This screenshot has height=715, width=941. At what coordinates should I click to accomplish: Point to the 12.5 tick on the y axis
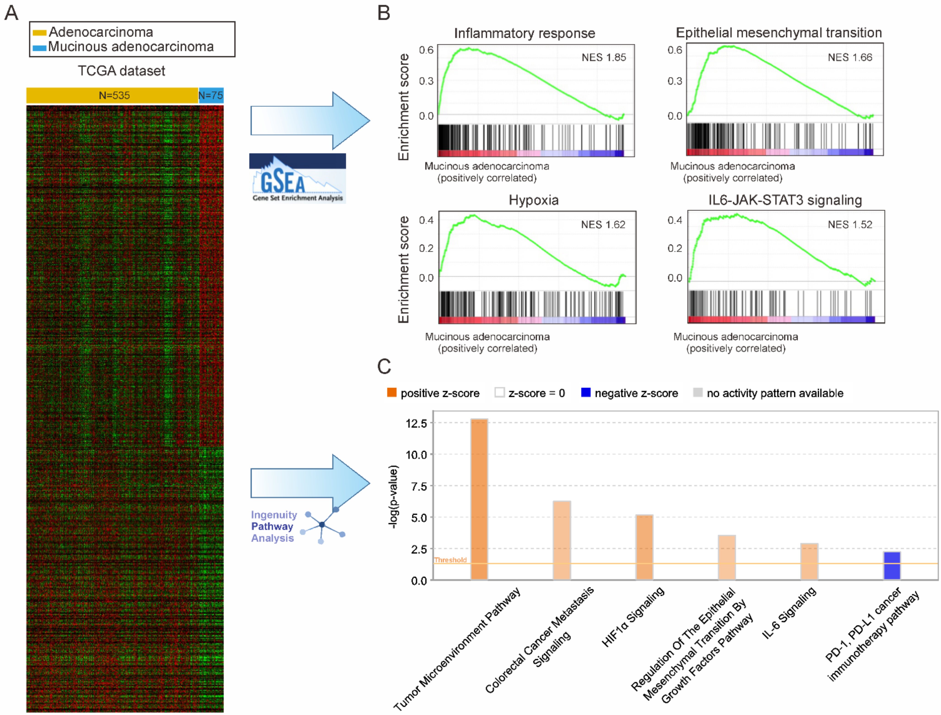pos(416,423)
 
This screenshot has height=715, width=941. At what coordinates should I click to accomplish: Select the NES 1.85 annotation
pos(603,57)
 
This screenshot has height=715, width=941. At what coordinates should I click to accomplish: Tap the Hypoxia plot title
pos(533,200)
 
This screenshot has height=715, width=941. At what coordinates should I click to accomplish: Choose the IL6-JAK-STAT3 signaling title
pos(785,200)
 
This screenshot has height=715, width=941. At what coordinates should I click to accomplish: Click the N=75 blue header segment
pos(211,95)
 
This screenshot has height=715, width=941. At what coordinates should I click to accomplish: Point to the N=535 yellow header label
pos(114,95)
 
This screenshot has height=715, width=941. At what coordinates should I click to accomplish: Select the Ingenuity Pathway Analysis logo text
pos(273,527)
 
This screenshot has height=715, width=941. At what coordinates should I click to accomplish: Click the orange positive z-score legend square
pos(391,392)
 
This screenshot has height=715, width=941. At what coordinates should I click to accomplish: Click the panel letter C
pos(384,366)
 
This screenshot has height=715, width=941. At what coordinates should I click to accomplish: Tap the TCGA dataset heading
pos(121,71)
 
